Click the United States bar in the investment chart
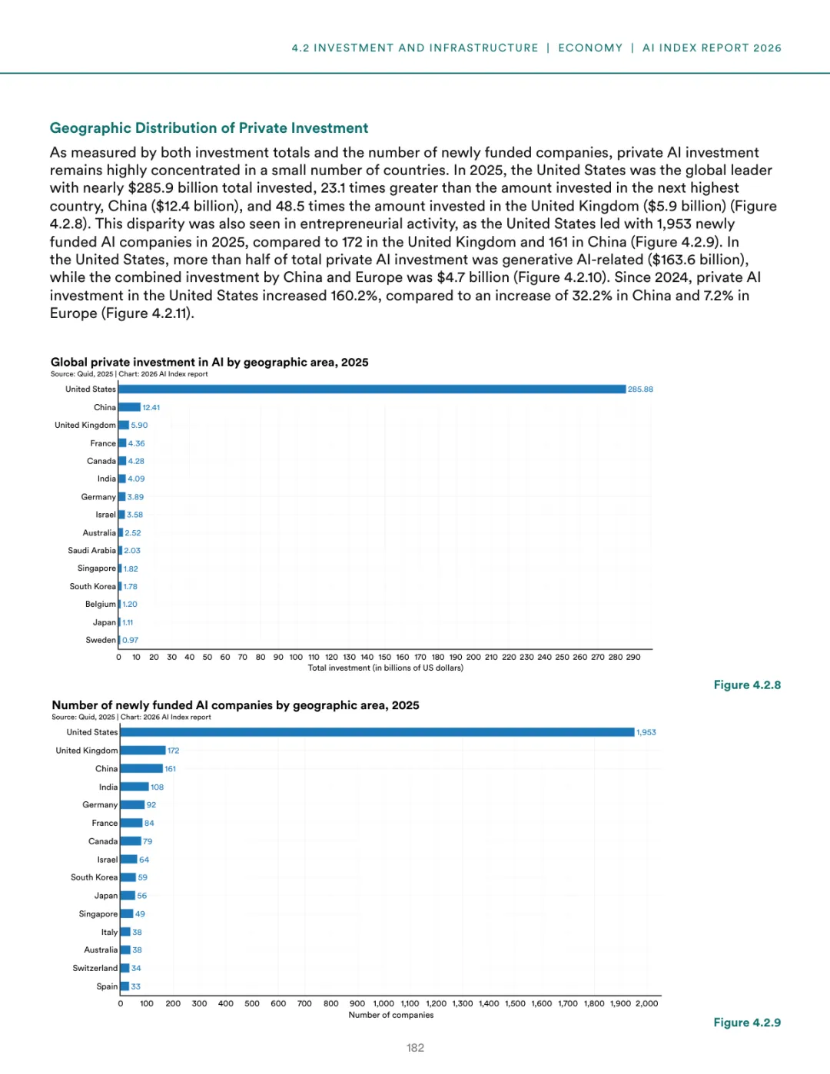[x=372, y=389]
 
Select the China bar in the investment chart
[x=129, y=407]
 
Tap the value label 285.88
[x=640, y=389]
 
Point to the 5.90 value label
[x=139, y=426]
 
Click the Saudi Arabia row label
[x=91, y=551]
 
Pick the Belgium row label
[x=100, y=605]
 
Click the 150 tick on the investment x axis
[x=384, y=658]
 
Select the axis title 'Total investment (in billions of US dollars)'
[x=385, y=668]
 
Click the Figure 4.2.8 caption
[x=747, y=685]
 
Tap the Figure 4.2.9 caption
[x=747, y=1023]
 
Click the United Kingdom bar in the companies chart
[x=143, y=751]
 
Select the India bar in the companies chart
[x=134, y=787]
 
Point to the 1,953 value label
[x=646, y=733]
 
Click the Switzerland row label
[x=95, y=969]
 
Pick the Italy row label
[x=109, y=933]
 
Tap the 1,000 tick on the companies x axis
[x=383, y=1004]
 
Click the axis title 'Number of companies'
[x=390, y=1016]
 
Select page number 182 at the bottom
[x=415, y=1048]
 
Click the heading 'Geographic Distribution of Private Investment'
[x=209, y=128]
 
